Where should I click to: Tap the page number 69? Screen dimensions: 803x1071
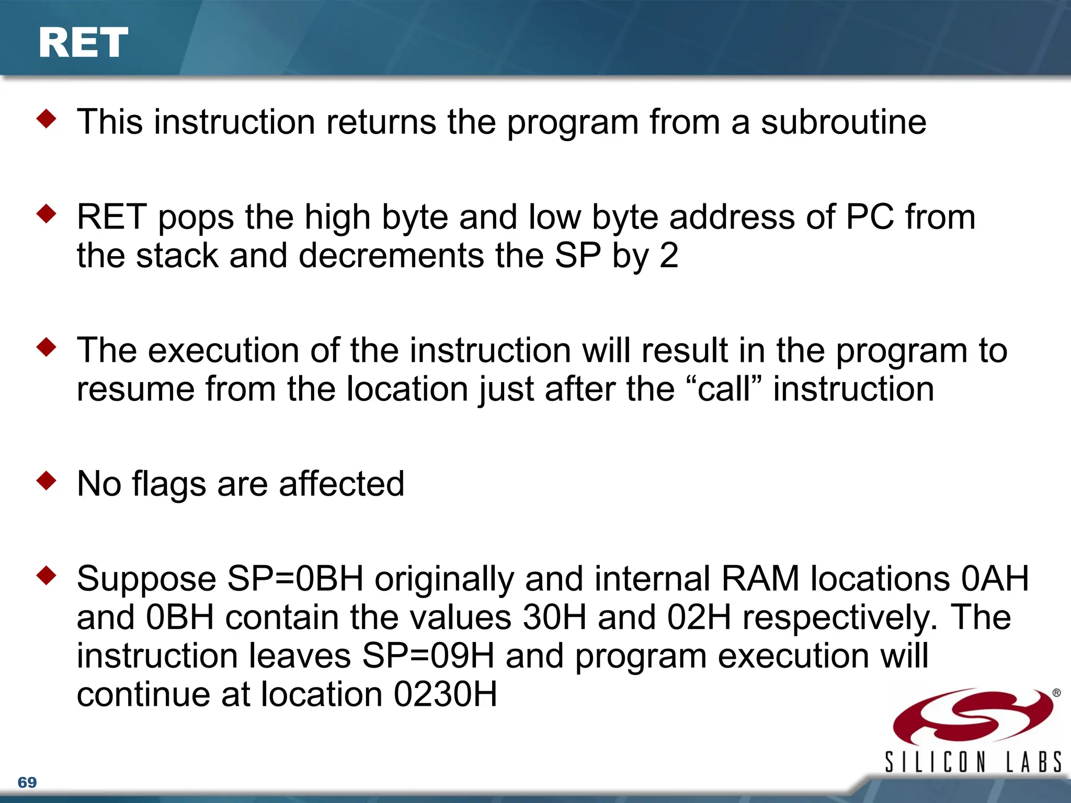pos(27,782)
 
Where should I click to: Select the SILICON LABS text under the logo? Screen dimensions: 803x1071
pos(973,762)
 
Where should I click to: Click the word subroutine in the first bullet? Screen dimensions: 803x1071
pos(843,122)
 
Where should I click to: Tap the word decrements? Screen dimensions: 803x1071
pos(391,256)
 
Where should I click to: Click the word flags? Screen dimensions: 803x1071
pos(169,484)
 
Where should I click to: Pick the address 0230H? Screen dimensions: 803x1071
pos(445,695)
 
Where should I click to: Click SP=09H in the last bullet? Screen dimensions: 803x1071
pos(428,656)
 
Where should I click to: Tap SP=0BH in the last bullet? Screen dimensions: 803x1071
pos(295,579)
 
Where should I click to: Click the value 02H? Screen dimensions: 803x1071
pos(699,618)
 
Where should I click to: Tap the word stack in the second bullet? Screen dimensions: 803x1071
pos(177,256)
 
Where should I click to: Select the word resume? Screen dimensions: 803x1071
pos(135,389)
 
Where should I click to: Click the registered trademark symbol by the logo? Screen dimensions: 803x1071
pos(1056,693)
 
